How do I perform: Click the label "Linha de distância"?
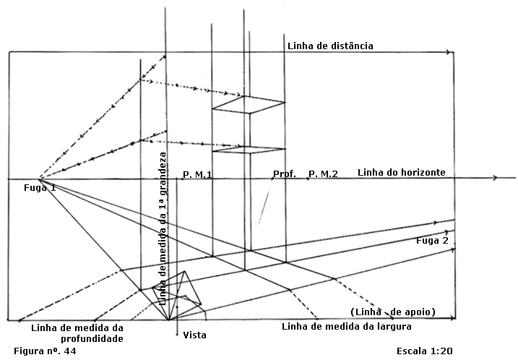[330, 46]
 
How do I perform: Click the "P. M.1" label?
[197, 173]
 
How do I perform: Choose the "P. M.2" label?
[323, 173]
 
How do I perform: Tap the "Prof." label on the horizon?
[285, 173]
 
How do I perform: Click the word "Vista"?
[195, 335]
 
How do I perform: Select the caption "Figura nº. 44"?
[45, 351]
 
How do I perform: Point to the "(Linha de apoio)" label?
[392, 312]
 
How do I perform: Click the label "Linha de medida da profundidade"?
[78, 333]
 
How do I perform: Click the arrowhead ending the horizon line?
[496, 178]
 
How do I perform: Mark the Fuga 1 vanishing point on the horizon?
[40, 178]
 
